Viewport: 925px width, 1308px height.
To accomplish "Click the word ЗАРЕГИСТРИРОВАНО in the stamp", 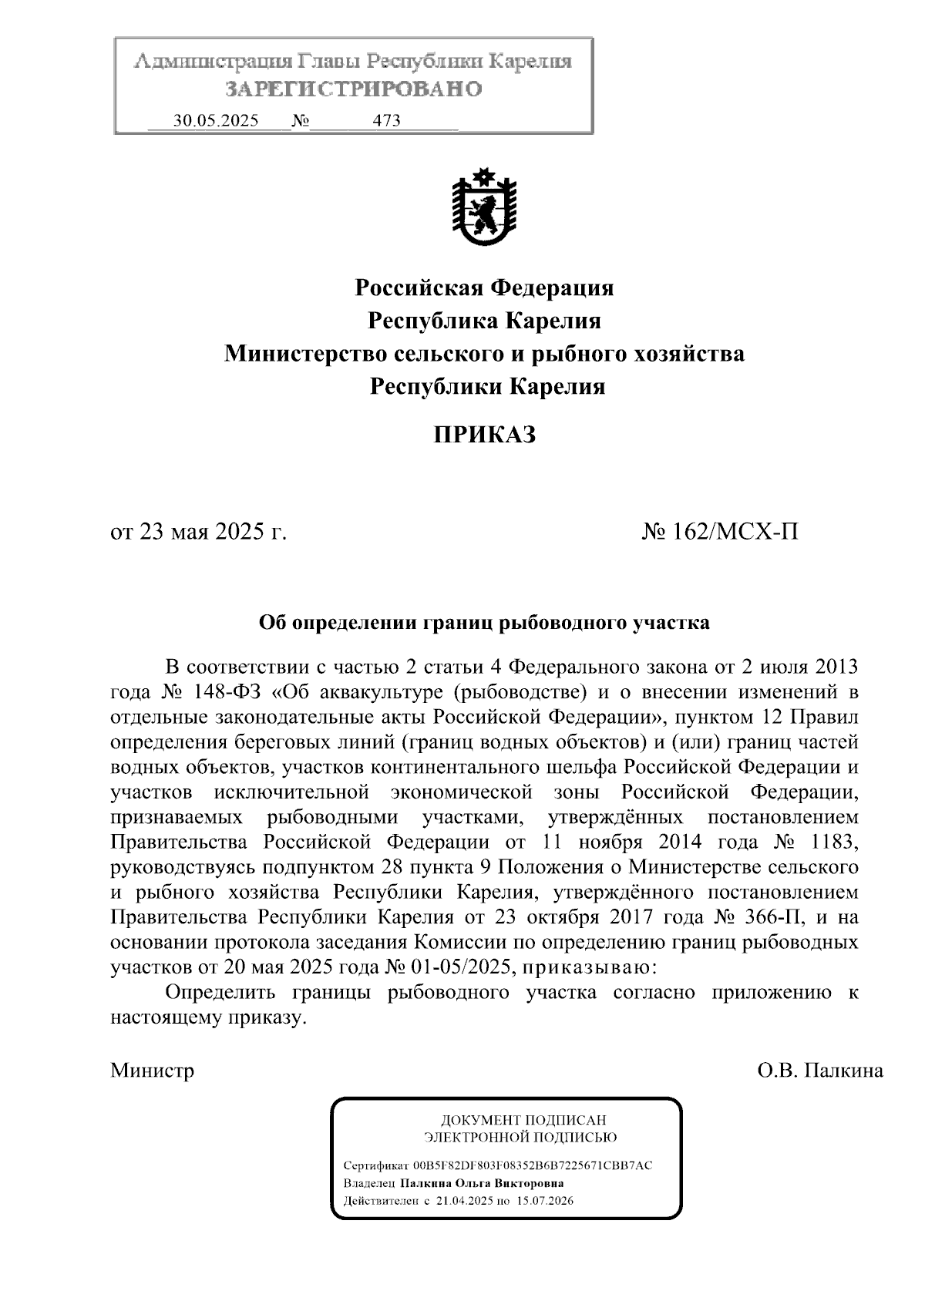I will (x=353, y=89).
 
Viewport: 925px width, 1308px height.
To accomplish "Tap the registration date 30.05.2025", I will (x=216, y=121).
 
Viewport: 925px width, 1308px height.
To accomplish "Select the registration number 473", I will (x=386, y=121).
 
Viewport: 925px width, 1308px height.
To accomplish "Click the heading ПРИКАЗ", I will (x=483, y=435).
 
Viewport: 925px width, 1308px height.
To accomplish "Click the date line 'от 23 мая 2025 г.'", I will (x=199, y=532).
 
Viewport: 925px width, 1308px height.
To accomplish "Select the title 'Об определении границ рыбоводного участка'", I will (x=483, y=623).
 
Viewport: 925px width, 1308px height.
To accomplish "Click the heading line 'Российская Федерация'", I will (x=483, y=288).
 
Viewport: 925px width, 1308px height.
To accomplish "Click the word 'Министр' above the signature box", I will (x=152, y=1070).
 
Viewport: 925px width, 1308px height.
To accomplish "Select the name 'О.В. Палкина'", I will (x=820, y=1070).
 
